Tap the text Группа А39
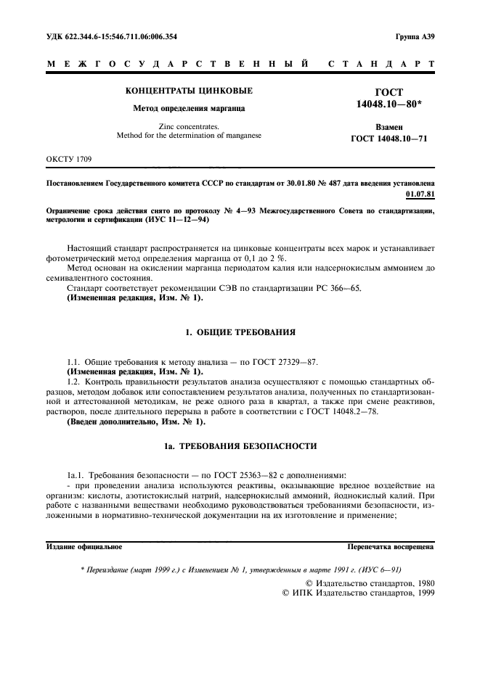[415, 36]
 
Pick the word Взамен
[390, 126]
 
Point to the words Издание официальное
[84, 546]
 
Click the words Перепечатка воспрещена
[391, 546]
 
